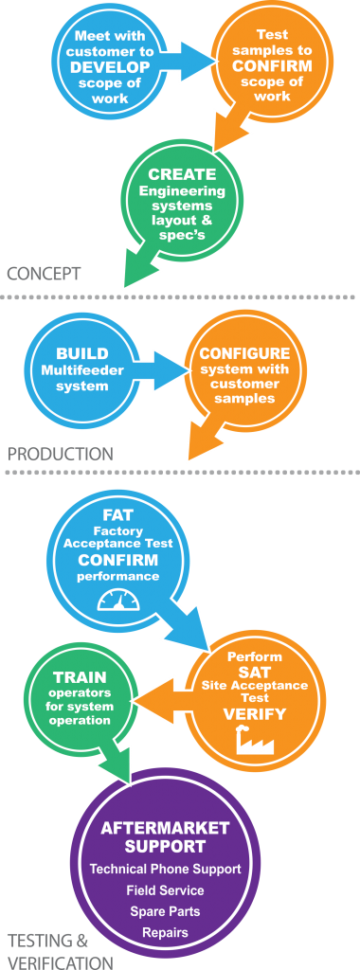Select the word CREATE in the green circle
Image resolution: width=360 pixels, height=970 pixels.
point(182,175)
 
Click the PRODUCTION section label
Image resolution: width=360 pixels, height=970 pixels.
point(60,454)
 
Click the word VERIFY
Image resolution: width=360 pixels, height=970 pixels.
point(254,713)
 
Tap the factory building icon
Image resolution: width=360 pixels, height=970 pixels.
point(255,745)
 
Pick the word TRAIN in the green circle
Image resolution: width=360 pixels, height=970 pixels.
point(80,678)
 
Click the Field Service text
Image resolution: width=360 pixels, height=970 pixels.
point(165,890)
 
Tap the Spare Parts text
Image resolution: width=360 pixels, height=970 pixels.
point(165,911)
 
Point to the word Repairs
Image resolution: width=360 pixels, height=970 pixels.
point(165,932)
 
